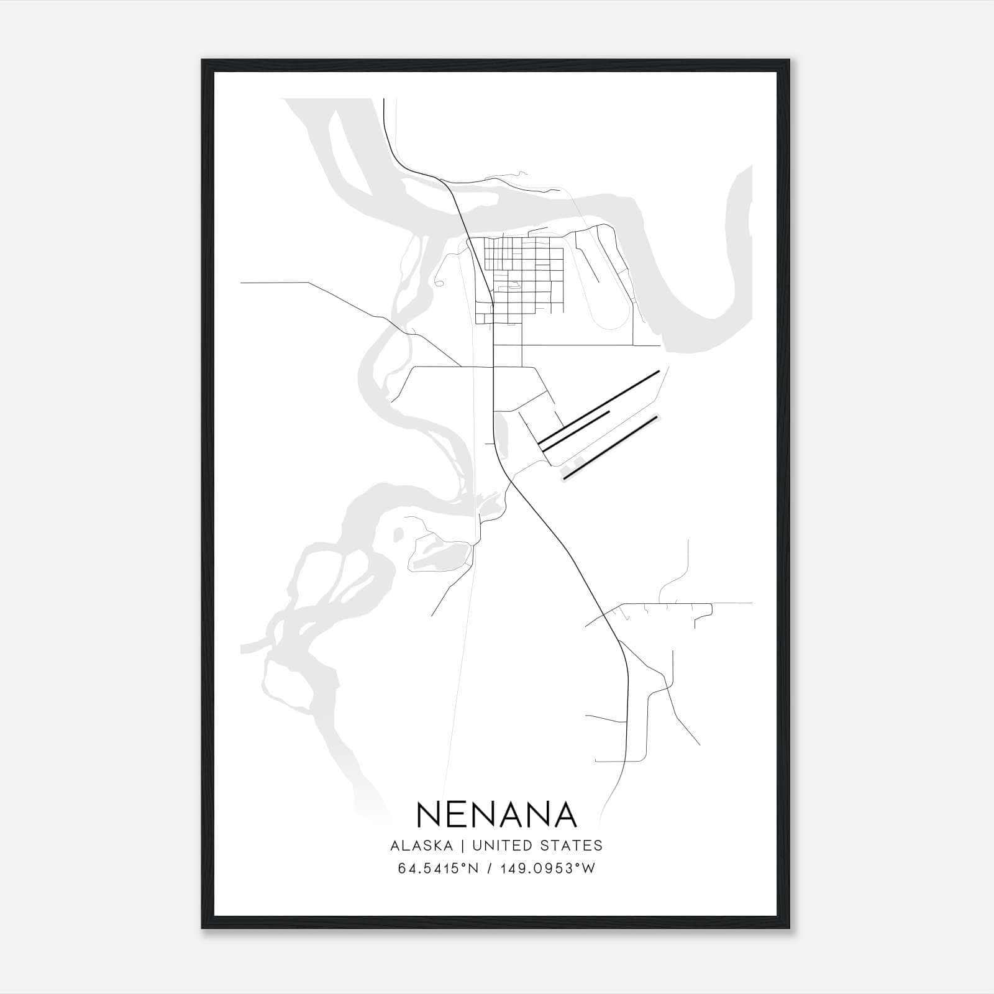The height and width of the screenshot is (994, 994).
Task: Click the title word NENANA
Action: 497,815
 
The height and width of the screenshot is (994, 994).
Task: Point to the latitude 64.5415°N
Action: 438,869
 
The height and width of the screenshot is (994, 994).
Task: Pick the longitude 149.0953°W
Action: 545,869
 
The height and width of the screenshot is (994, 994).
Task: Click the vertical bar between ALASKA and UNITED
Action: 463,846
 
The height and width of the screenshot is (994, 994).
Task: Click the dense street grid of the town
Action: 522,273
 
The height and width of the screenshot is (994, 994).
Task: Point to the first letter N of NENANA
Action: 429,815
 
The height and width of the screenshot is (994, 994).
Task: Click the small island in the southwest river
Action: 398,533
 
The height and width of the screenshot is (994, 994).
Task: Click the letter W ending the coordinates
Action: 589,869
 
